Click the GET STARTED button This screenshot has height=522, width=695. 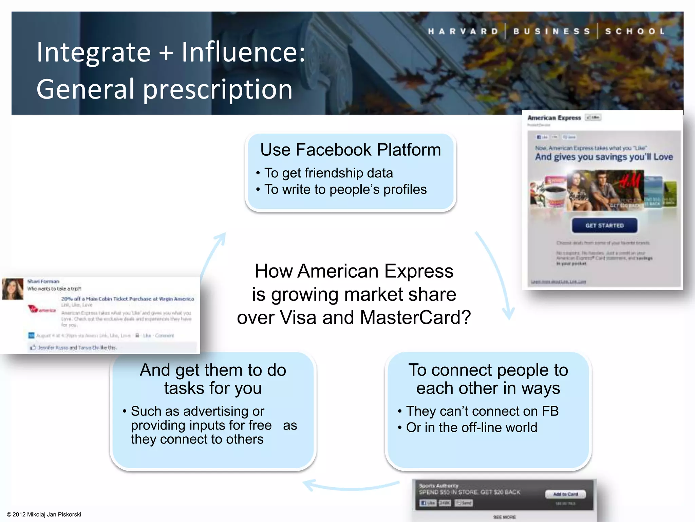[604, 226]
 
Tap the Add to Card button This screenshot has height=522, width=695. [565, 494]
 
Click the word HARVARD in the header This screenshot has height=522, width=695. [463, 32]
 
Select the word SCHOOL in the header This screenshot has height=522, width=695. [635, 32]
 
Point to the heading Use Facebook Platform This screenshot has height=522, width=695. [351, 150]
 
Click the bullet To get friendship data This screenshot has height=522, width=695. [328, 173]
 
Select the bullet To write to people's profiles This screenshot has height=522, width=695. [345, 189]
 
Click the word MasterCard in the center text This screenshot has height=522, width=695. [415, 317]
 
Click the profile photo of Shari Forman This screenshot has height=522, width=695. [13, 289]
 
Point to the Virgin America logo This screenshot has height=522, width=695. [41, 309]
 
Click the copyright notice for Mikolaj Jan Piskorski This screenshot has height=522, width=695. [44, 514]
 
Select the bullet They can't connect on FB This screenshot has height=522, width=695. [482, 411]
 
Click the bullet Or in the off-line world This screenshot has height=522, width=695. [471, 428]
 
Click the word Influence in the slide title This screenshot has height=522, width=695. [243, 52]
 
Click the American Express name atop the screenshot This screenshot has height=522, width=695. [554, 118]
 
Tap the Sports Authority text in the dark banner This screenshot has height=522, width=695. [438, 486]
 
